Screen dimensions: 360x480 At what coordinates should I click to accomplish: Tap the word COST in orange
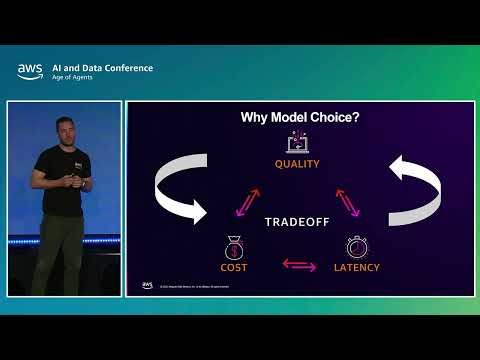click(234, 267)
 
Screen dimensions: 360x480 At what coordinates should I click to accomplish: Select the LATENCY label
click(359, 267)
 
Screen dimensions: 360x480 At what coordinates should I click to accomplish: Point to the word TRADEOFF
click(297, 221)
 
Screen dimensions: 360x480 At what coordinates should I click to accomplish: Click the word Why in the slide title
click(256, 117)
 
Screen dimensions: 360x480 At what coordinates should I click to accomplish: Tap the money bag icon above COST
click(234, 246)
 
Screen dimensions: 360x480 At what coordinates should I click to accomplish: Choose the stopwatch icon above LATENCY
click(359, 246)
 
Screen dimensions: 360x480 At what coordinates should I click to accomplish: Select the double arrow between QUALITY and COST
click(248, 202)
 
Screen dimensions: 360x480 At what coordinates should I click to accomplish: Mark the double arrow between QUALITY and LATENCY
click(347, 202)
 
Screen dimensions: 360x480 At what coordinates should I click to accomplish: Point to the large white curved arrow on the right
click(417, 190)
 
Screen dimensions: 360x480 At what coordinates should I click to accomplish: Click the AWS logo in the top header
click(29, 71)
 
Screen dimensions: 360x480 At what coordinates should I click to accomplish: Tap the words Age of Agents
click(73, 78)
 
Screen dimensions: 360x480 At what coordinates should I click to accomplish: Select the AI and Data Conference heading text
click(102, 68)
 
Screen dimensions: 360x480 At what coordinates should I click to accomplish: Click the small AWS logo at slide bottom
click(147, 285)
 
